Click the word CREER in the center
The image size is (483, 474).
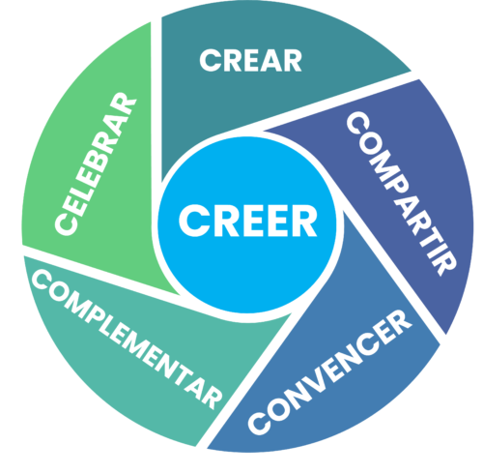coord(248,222)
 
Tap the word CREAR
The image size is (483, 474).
coord(250,60)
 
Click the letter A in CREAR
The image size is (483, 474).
coord(270,60)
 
